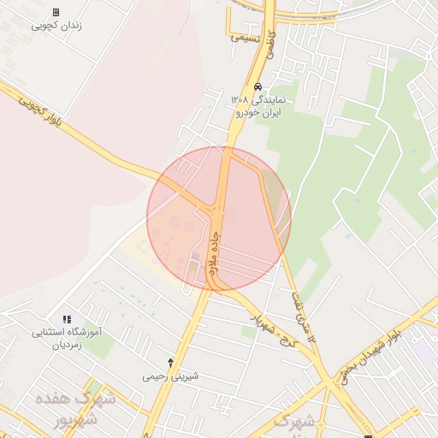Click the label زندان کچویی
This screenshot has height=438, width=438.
pyautogui.click(x=56, y=26)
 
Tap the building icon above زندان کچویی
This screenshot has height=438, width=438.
pyautogui.click(x=56, y=12)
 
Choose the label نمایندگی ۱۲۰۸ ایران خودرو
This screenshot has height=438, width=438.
pyautogui.click(x=262, y=106)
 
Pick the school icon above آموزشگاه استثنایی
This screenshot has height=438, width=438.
pyautogui.click(x=67, y=319)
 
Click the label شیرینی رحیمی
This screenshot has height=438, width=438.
pyautogui.click(x=170, y=376)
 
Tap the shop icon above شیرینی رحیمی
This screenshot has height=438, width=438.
pyautogui.click(x=170, y=363)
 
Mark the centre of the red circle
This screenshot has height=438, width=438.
pyautogui.click(x=219, y=218)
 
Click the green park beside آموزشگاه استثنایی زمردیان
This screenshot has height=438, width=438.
pyautogui.click(x=99, y=345)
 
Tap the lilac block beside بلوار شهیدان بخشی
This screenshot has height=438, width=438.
pyautogui.click(x=423, y=351)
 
